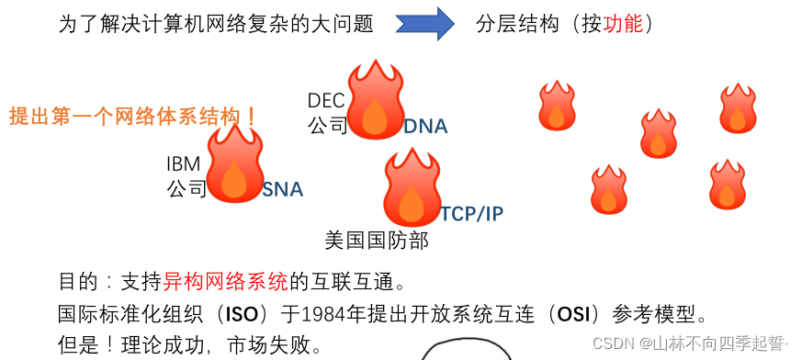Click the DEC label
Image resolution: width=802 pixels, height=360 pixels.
(327, 99)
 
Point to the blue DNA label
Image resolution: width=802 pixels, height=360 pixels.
(425, 127)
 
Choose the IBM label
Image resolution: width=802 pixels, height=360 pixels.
(183, 164)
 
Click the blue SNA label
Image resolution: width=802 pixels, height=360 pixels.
(282, 190)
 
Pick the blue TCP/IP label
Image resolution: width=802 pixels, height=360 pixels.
(471, 214)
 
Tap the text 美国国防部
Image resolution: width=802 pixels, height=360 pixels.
(377, 241)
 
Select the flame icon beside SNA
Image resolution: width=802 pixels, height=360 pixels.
(235, 165)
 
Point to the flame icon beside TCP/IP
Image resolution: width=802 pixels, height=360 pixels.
(412, 188)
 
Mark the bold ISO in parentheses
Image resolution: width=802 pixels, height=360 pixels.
(234, 314)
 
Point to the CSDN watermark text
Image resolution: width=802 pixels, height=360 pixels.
(690, 343)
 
